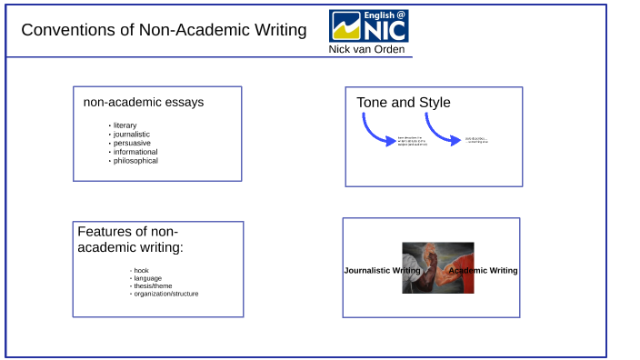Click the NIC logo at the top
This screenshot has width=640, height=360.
point(368,26)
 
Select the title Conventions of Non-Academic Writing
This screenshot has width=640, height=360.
point(164,30)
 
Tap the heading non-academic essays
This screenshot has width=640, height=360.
point(144,102)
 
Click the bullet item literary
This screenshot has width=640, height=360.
point(125,125)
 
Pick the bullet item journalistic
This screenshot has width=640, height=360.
point(132,134)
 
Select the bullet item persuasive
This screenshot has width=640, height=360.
point(132,143)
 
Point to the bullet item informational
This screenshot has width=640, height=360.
point(135,152)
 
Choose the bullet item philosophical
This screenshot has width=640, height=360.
point(135,161)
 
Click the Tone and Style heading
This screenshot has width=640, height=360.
point(403,103)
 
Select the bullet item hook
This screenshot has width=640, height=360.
point(141,270)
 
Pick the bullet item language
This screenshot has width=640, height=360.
point(146,278)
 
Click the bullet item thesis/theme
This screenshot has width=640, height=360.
point(152,286)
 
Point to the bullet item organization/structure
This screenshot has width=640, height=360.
point(165,294)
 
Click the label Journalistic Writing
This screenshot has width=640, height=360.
point(381,271)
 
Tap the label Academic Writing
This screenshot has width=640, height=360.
point(485,271)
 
